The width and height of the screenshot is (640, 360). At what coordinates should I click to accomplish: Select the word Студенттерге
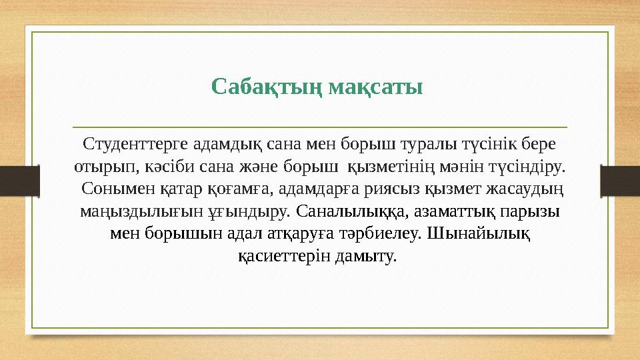tap(135, 144)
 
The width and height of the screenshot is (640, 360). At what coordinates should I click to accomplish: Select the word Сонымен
tap(111, 189)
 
